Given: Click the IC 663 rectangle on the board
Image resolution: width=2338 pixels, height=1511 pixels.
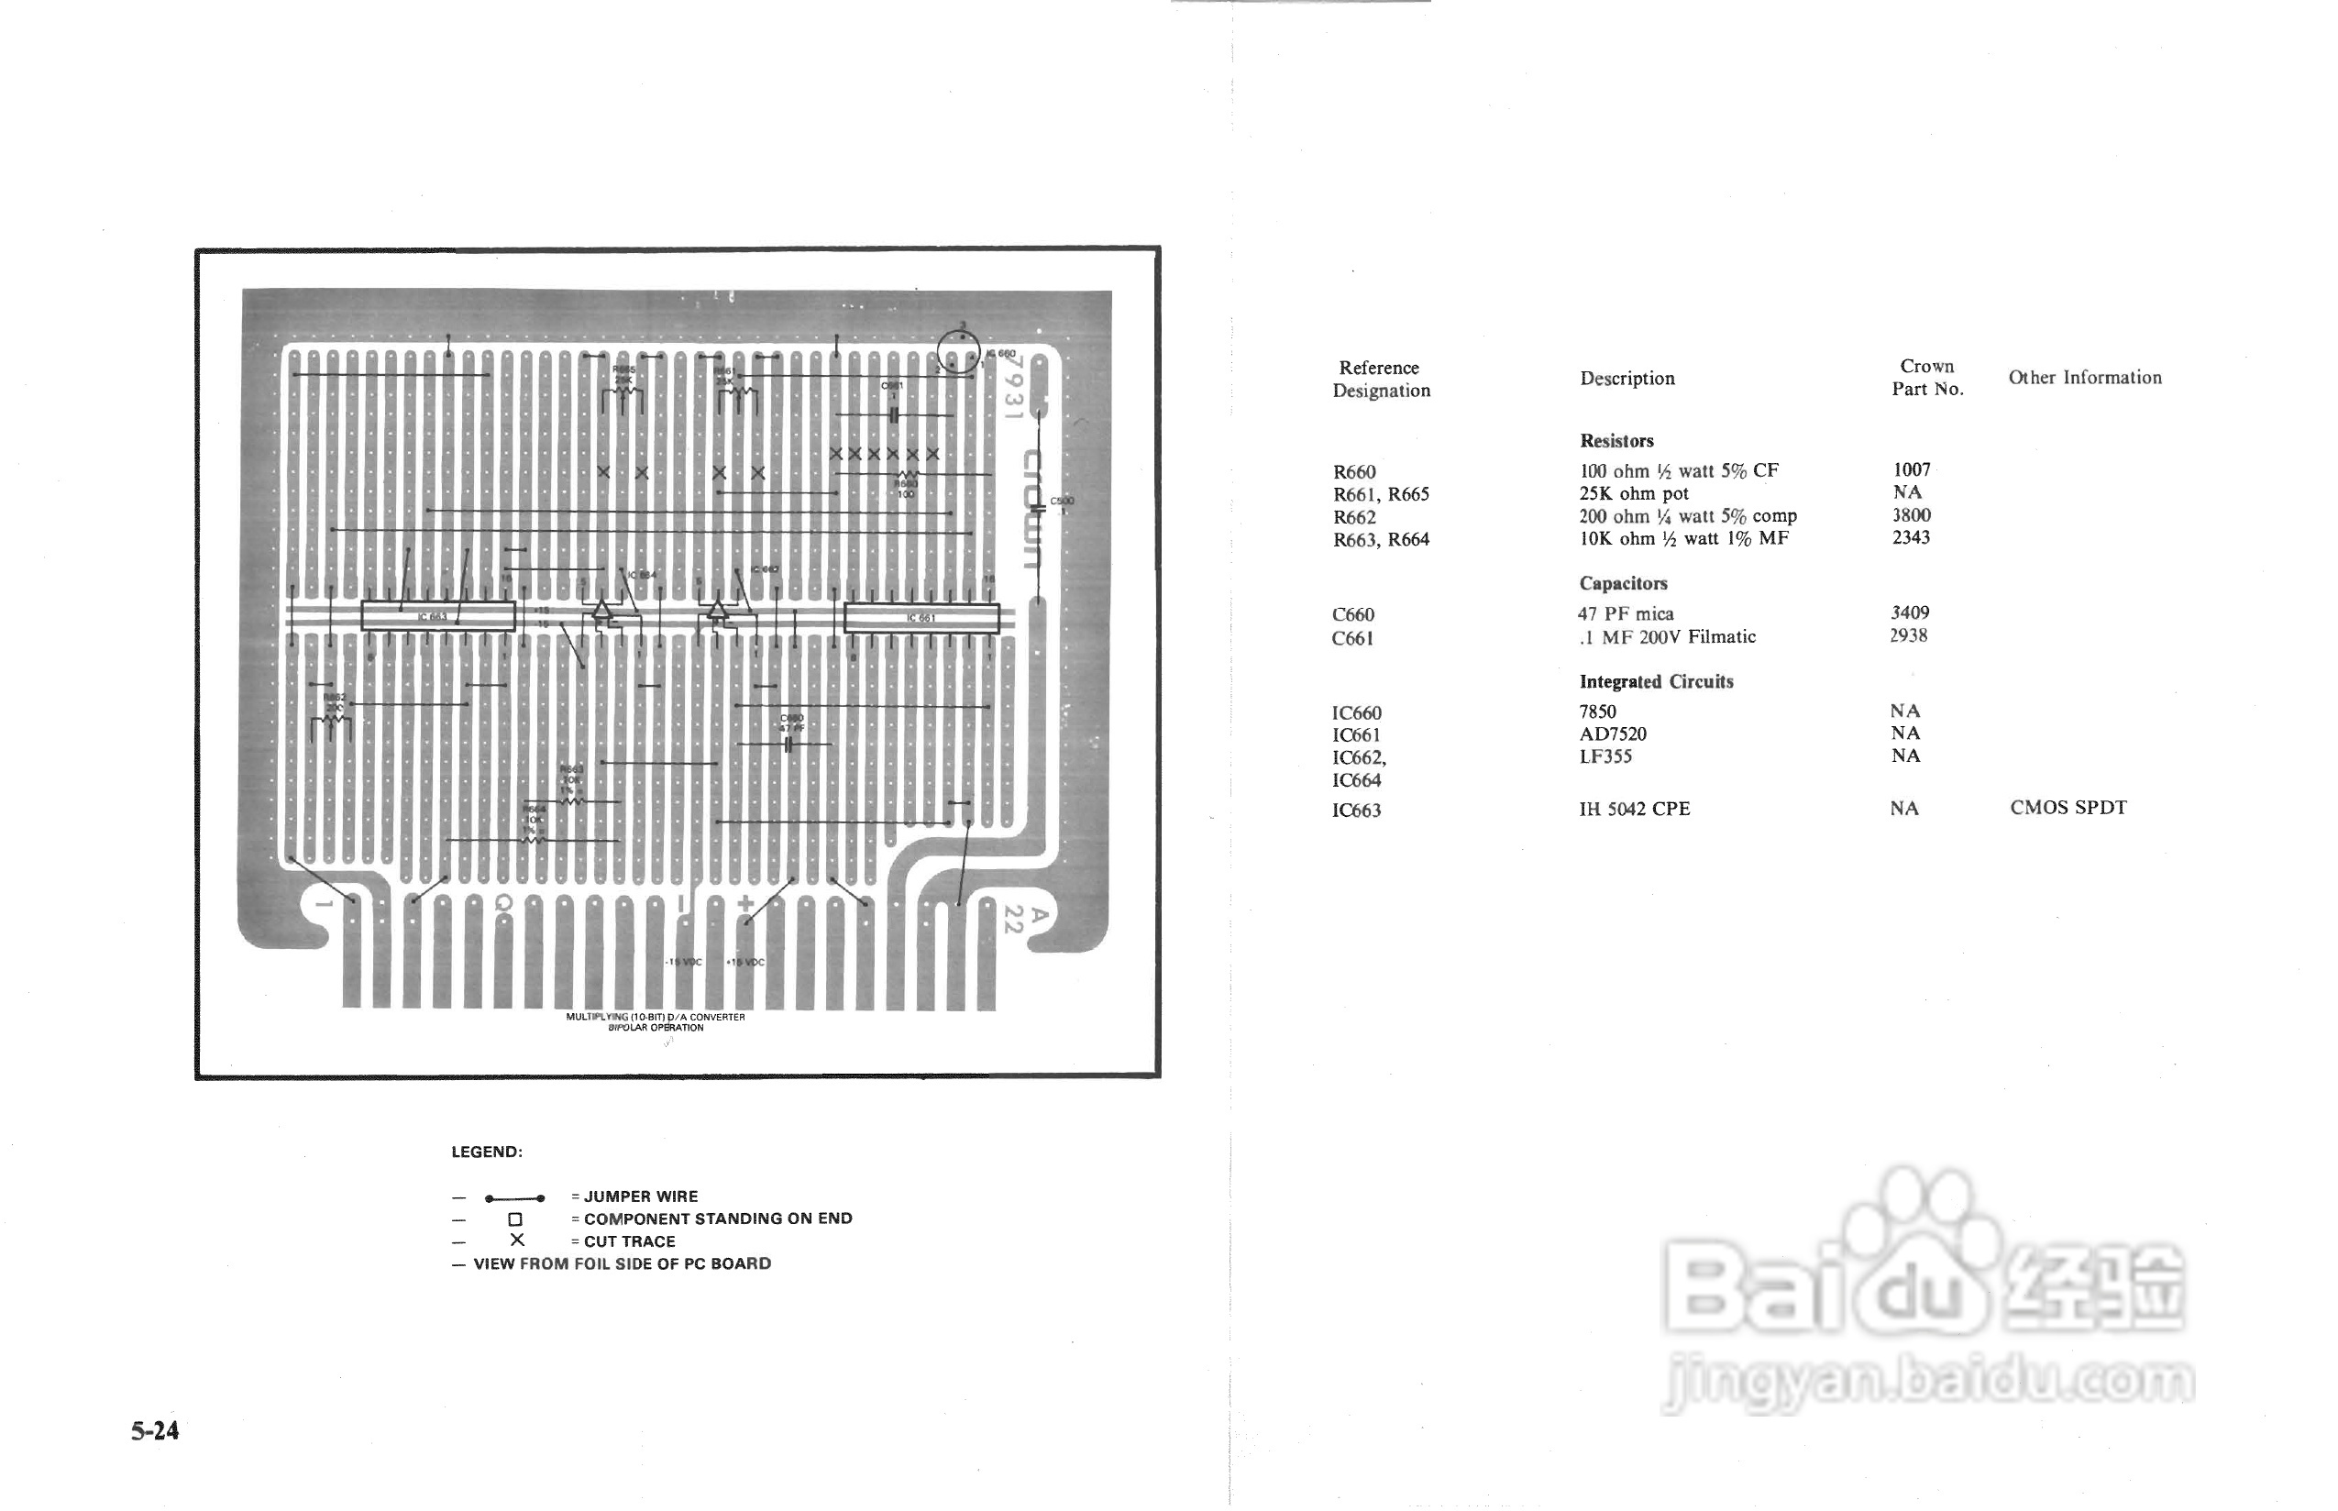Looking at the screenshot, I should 437,616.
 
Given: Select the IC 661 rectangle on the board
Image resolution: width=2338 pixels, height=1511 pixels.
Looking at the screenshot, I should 921,618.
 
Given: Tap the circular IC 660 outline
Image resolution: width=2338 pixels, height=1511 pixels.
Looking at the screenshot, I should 958,351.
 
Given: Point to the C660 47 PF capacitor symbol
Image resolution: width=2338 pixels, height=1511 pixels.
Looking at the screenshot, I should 789,744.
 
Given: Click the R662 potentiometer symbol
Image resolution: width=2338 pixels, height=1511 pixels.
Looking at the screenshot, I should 332,726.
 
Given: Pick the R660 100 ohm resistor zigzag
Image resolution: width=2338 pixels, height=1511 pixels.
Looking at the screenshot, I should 906,476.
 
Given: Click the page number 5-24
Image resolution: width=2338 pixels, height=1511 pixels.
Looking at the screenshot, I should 155,1430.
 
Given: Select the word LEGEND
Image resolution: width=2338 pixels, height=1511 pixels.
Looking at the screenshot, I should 487,1152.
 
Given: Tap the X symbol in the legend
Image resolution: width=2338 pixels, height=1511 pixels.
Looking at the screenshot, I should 517,1241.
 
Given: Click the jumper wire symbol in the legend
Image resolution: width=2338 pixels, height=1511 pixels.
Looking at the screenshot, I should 514,1198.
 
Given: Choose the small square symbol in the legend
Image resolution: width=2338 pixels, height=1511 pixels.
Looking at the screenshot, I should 515,1219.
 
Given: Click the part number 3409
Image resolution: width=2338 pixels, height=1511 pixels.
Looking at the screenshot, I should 1909,612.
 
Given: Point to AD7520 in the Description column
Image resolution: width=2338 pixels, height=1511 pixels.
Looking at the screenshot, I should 1613,733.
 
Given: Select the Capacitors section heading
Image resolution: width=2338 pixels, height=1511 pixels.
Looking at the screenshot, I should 1623,584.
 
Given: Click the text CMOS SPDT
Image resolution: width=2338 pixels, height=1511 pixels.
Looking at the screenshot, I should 2068,808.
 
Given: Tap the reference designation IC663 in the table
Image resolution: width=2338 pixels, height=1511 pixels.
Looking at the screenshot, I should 1356,811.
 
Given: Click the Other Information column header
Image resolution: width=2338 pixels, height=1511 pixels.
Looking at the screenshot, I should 2085,378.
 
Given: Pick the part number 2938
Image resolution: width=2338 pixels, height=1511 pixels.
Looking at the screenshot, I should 1908,635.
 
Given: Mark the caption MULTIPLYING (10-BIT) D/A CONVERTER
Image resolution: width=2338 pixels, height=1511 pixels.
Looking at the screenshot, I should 656,1017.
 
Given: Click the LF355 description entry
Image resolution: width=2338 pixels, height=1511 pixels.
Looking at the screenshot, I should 1605,756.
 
